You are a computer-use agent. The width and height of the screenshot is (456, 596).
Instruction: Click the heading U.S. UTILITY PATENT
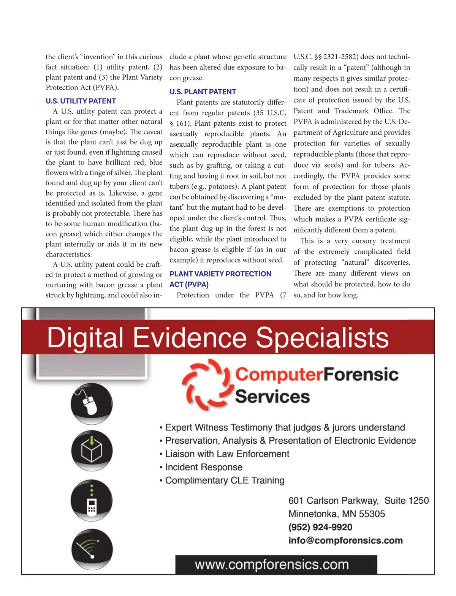point(81,101)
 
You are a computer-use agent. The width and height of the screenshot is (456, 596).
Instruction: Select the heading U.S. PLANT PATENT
point(203,92)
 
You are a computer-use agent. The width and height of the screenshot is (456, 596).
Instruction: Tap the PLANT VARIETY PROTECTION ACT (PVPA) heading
point(220,279)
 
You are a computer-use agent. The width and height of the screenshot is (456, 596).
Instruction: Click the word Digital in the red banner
point(85,338)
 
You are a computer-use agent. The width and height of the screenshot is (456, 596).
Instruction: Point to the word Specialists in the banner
point(322,338)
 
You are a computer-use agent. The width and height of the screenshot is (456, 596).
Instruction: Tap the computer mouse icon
point(91,403)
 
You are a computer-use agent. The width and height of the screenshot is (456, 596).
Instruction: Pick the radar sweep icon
point(92,549)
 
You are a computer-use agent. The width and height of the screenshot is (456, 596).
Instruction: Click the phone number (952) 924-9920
point(320,527)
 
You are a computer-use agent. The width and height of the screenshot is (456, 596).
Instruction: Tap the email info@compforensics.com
point(345,541)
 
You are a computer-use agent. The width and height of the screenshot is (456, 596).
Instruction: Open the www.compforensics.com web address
point(272,565)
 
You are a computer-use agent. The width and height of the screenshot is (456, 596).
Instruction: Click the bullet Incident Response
point(204,467)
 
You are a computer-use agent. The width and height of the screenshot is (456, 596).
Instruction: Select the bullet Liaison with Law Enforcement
point(227,454)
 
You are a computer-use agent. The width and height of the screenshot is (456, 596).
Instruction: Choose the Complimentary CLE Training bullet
point(225,481)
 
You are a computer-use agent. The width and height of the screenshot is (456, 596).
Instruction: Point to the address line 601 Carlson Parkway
point(333,501)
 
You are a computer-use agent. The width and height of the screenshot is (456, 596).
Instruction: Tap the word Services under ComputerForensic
point(272,397)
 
